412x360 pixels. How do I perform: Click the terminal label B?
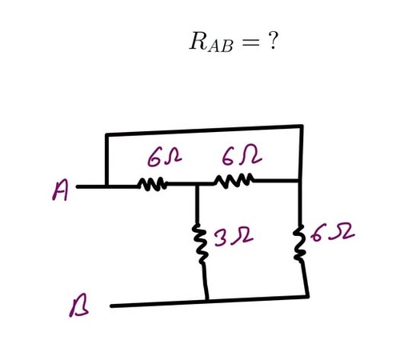point(78,306)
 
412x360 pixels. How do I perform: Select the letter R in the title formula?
point(198,41)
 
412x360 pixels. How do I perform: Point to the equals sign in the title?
point(250,42)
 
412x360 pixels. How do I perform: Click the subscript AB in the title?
point(221,46)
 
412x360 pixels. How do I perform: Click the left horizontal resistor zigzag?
point(153,184)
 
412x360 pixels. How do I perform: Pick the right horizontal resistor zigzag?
point(234,181)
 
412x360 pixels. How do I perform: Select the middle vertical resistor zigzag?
point(202,243)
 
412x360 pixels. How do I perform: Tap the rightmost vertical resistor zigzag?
point(299,242)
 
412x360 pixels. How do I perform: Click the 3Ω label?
point(233,236)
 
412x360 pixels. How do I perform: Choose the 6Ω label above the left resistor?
point(165,158)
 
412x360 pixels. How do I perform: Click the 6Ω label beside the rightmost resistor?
point(333,233)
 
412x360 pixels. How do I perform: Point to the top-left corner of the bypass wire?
point(106,134)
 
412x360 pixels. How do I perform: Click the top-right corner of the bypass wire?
point(302,126)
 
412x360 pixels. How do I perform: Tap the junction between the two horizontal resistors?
point(197,184)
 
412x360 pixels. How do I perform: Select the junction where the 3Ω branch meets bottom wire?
point(207,301)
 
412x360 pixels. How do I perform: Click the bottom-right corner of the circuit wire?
point(308,296)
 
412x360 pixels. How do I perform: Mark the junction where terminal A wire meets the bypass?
point(106,186)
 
